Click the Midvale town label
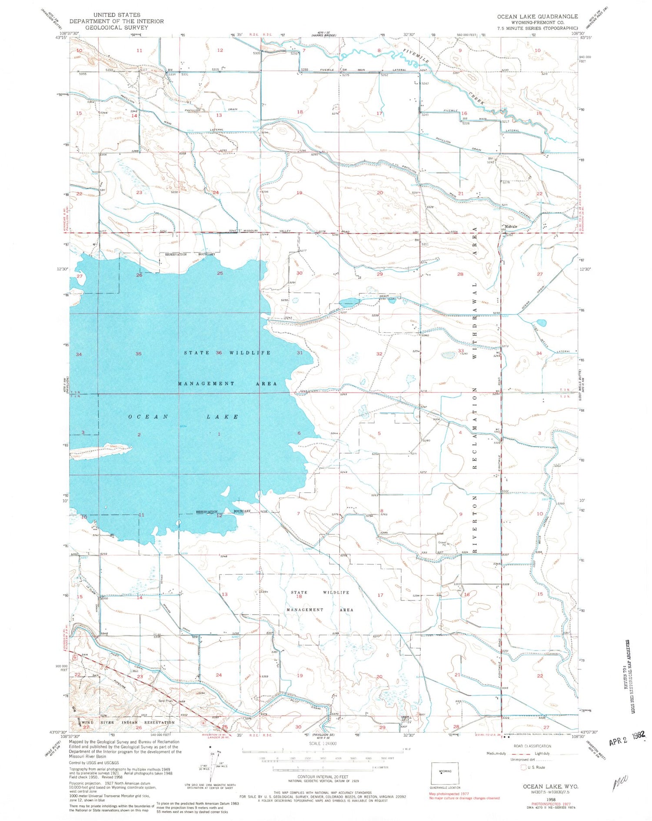[511, 227]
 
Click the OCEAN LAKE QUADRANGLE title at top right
[538, 17]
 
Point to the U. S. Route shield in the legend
[523, 767]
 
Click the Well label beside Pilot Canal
[135, 671]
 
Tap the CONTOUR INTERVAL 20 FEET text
[323, 776]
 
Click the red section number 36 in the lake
[219, 353]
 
